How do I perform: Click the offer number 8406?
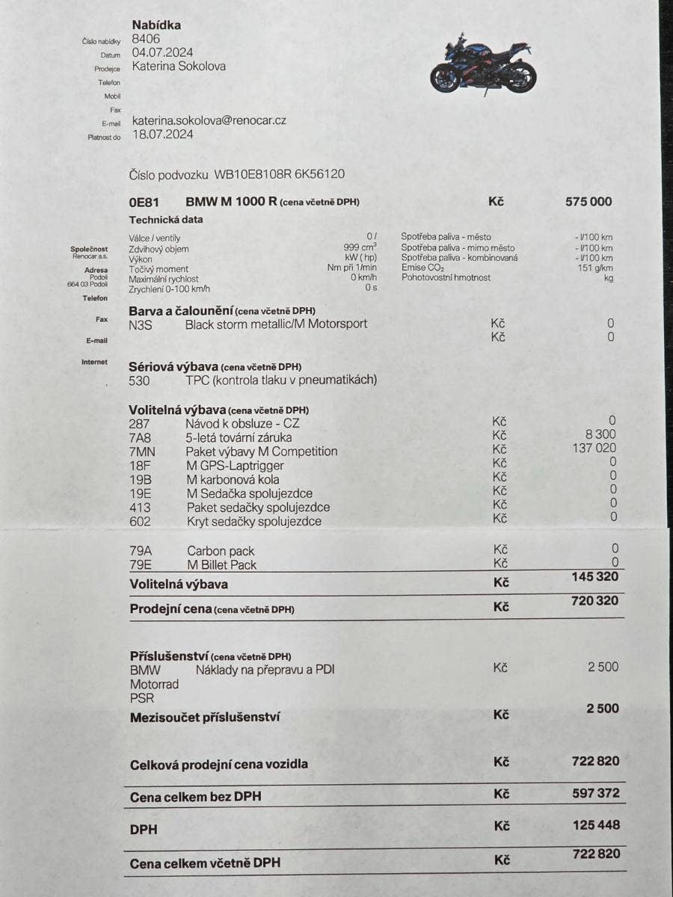click(x=146, y=39)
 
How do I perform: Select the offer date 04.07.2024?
click(x=162, y=52)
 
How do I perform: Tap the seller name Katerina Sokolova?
click(x=179, y=66)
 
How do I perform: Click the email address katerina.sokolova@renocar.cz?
click(x=209, y=120)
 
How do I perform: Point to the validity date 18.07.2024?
click(x=162, y=135)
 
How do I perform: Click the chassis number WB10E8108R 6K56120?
click(x=279, y=174)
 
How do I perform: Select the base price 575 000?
click(x=589, y=201)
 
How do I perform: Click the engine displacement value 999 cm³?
click(x=360, y=247)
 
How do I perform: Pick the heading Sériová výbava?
click(x=173, y=367)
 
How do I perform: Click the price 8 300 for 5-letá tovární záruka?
click(x=600, y=434)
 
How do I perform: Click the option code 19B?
click(x=140, y=479)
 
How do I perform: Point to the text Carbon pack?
click(x=221, y=552)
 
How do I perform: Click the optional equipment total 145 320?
click(x=594, y=576)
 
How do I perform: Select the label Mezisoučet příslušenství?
click(x=205, y=718)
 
